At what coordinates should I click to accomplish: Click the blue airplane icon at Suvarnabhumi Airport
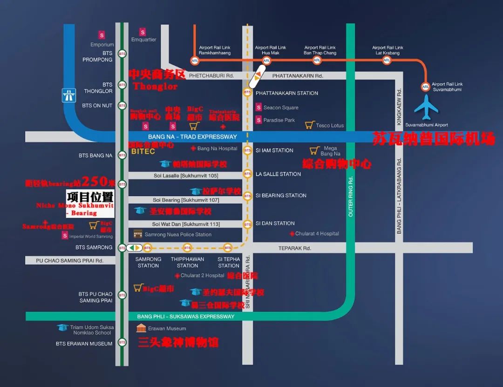coord(426,108)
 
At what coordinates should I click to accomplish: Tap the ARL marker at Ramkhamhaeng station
coord(195,61)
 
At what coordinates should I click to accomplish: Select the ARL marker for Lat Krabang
coord(386,61)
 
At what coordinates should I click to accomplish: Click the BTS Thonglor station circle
coord(122,85)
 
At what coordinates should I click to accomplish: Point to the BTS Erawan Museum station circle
coord(122,342)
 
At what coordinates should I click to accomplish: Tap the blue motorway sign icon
coord(68,95)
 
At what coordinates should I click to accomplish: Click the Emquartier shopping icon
coord(143,32)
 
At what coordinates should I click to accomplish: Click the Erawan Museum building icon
coord(141,328)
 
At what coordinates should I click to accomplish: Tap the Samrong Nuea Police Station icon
coord(138,234)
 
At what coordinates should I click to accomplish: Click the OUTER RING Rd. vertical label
coord(351,196)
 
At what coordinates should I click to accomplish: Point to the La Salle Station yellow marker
coord(247,174)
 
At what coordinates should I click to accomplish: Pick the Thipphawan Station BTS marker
coord(187,247)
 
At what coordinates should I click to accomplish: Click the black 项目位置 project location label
coord(90,197)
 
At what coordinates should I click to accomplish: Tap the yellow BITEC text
coord(143,152)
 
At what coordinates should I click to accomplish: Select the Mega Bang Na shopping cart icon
coord(314,150)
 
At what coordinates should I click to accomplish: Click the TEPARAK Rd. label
coord(294,248)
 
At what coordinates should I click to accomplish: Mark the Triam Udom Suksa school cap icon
coord(62,327)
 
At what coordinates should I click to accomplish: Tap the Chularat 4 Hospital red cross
coord(292,234)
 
